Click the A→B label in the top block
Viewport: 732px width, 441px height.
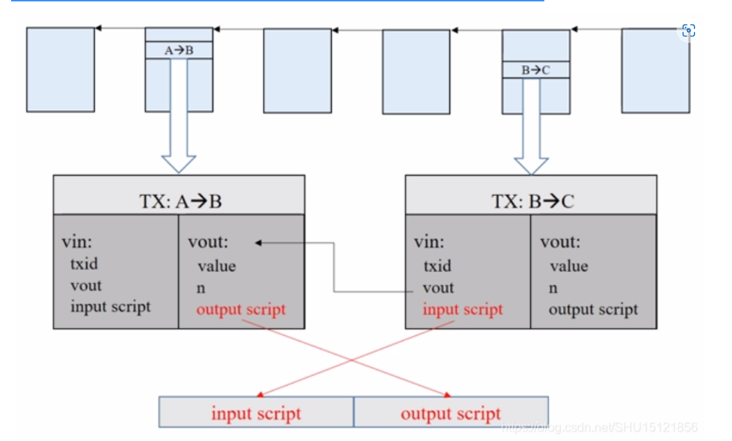click(179, 51)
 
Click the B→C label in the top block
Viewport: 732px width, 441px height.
click(535, 69)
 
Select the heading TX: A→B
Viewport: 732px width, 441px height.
click(179, 201)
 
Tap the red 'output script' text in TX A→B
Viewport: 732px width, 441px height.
click(240, 309)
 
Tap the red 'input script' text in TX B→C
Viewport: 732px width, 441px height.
click(463, 309)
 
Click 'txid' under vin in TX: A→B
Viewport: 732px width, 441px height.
click(84, 264)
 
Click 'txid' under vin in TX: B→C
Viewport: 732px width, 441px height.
click(437, 266)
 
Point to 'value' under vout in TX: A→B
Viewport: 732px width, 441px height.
click(216, 266)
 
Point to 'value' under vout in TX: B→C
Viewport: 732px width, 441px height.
click(569, 266)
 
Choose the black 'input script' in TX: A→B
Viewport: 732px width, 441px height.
click(110, 306)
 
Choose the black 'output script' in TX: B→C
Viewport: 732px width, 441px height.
click(593, 309)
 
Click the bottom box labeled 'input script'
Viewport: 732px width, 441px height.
click(256, 413)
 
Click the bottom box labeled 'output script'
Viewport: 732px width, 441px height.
click(451, 413)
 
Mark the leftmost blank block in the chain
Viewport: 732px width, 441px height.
click(60, 69)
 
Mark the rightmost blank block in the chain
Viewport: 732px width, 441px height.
click(655, 70)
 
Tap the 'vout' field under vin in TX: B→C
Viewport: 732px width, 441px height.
click(438, 287)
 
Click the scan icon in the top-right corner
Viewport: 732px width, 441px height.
click(688, 30)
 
